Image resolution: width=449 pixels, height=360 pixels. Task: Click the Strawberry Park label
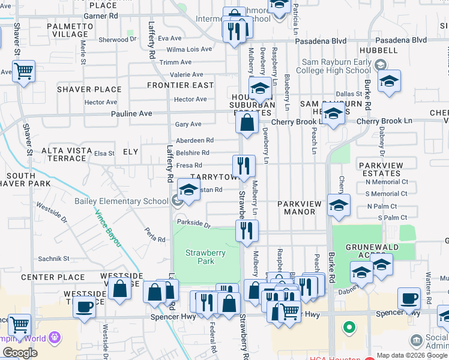206,257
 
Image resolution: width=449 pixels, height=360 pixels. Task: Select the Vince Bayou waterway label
107,229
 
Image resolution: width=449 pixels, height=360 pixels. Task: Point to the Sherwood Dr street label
118,40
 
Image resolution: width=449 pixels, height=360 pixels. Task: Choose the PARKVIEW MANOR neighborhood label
300,208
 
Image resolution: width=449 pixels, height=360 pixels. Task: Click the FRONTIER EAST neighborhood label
181,85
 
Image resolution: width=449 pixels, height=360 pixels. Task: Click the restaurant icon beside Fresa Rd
244,166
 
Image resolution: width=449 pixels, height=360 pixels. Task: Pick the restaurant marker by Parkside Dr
247,230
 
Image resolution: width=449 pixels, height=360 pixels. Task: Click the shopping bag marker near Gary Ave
247,124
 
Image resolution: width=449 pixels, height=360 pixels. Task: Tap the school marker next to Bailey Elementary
188,191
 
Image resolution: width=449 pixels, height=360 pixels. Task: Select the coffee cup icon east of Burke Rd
411,298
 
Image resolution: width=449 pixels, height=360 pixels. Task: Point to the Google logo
20,353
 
